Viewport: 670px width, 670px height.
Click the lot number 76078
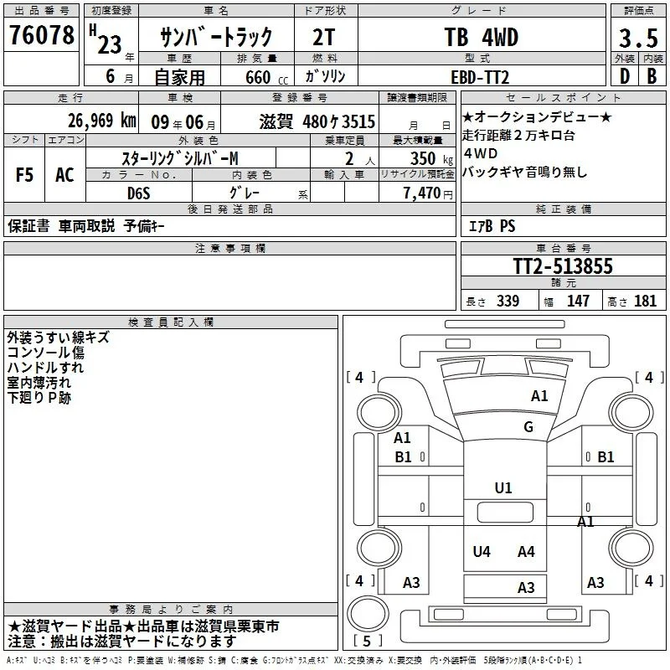pos(41,34)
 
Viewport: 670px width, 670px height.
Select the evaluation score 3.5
pos(638,38)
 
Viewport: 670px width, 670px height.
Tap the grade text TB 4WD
pos(482,37)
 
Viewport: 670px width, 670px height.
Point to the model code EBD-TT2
pos(480,77)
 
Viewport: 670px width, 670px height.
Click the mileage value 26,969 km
pos(101,121)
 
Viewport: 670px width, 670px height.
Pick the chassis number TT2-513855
pos(563,265)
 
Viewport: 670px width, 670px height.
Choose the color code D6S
pos(139,193)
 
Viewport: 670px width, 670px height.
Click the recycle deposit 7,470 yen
pos(428,193)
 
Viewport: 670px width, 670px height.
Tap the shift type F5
pos(24,175)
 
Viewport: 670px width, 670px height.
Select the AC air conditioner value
pos(64,175)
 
